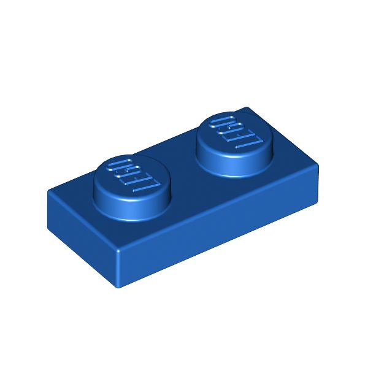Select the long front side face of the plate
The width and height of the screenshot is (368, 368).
pyautogui.click(x=80, y=239)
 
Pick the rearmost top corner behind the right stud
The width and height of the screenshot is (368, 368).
pyautogui.click(x=248, y=109)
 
